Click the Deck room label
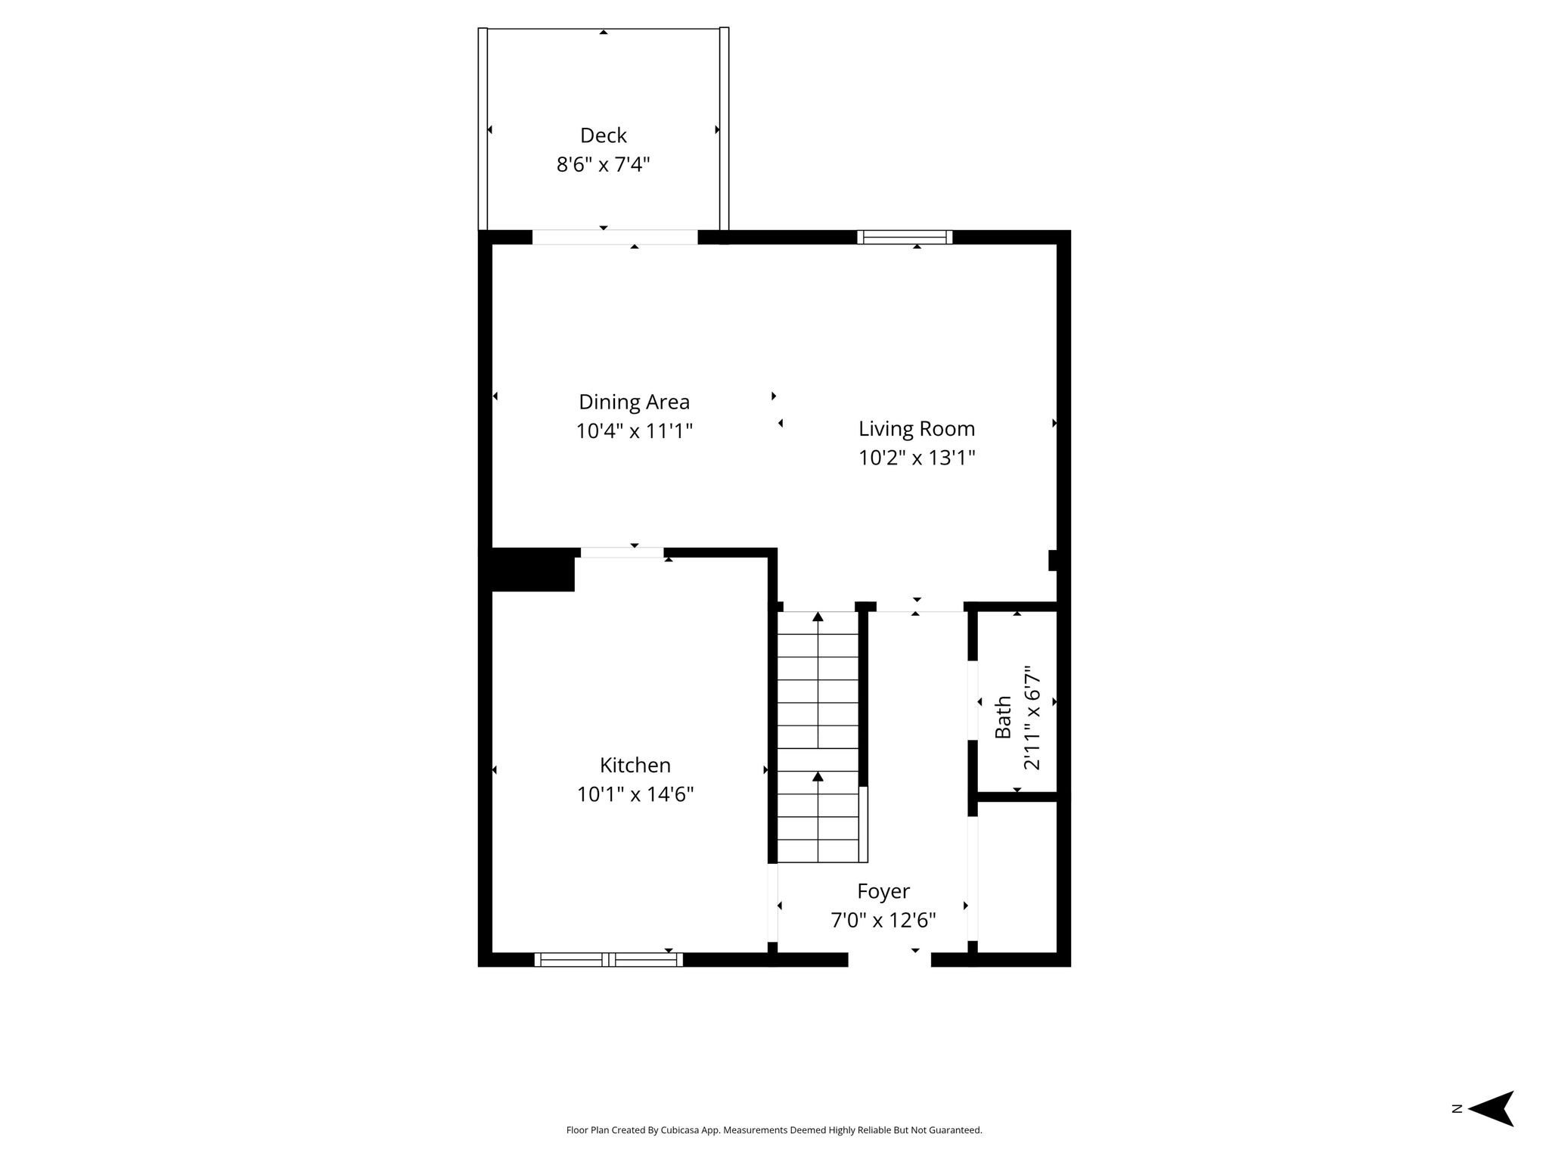click(x=604, y=135)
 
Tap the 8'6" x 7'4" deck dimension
click(x=604, y=164)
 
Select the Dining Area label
click(x=635, y=402)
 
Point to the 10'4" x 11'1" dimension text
click(x=635, y=431)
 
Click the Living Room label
click(x=917, y=429)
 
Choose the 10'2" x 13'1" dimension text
click(x=917, y=458)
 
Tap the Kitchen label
click(x=635, y=765)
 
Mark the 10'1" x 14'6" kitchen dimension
click(x=635, y=794)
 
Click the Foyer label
click(x=883, y=891)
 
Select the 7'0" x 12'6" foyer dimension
click(x=883, y=921)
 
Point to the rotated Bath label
click(x=1003, y=717)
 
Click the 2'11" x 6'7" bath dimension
click(x=1032, y=717)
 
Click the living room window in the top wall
click(x=905, y=237)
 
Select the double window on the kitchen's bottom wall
click(x=609, y=960)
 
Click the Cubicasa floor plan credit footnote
click(x=774, y=1130)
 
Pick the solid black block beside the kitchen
click(x=527, y=570)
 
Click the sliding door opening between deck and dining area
click(x=615, y=237)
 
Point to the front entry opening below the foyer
click(x=889, y=960)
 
